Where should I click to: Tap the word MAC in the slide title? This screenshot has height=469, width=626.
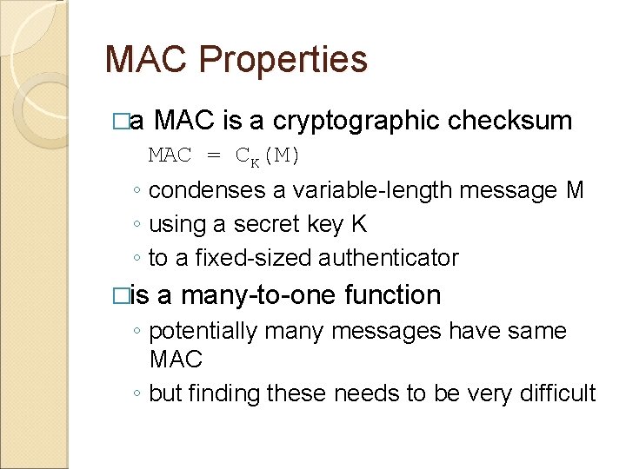coord(148,60)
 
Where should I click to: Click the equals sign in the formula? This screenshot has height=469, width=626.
coord(213,156)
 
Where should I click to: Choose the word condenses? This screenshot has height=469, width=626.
coord(217,190)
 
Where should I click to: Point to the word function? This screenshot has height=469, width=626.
coord(392,295)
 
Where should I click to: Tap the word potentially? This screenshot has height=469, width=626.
coord(204,331)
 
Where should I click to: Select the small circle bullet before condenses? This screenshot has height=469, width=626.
coord(137,191)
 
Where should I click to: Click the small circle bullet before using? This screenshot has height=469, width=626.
coord(137,225)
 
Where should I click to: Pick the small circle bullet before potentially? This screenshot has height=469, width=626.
coord(137,332)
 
